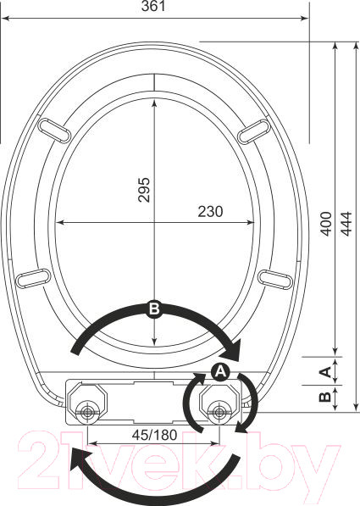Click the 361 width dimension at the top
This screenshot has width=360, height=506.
click(x=154, y=7)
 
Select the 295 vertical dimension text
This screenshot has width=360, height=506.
click(x=143, y=191)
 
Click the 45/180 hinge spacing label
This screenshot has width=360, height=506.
click(x=153, y=433)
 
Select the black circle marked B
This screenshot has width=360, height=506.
click(x=154, y=309)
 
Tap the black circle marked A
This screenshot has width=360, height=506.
click(x=219, y=372)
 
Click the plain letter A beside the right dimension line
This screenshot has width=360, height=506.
click(x=324, y=371)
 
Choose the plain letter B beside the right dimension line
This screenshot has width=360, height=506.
click(x=324, y=397)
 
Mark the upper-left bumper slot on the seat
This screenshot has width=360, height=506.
click(x=56, y=131)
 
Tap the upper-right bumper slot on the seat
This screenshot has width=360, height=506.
click(x=254, y=131)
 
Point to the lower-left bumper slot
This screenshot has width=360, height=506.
click(x=33, y=277)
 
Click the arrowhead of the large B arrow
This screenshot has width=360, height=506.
click(x=234, y=348)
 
